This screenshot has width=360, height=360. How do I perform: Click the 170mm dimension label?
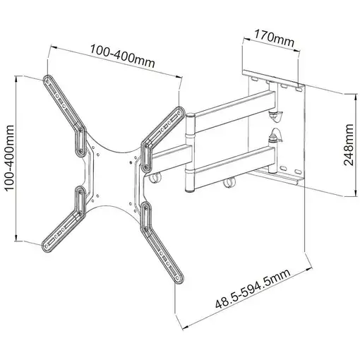[275, 40]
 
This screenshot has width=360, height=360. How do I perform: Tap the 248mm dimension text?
[348, 147]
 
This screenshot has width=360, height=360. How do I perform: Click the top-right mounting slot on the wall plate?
[299, 87]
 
